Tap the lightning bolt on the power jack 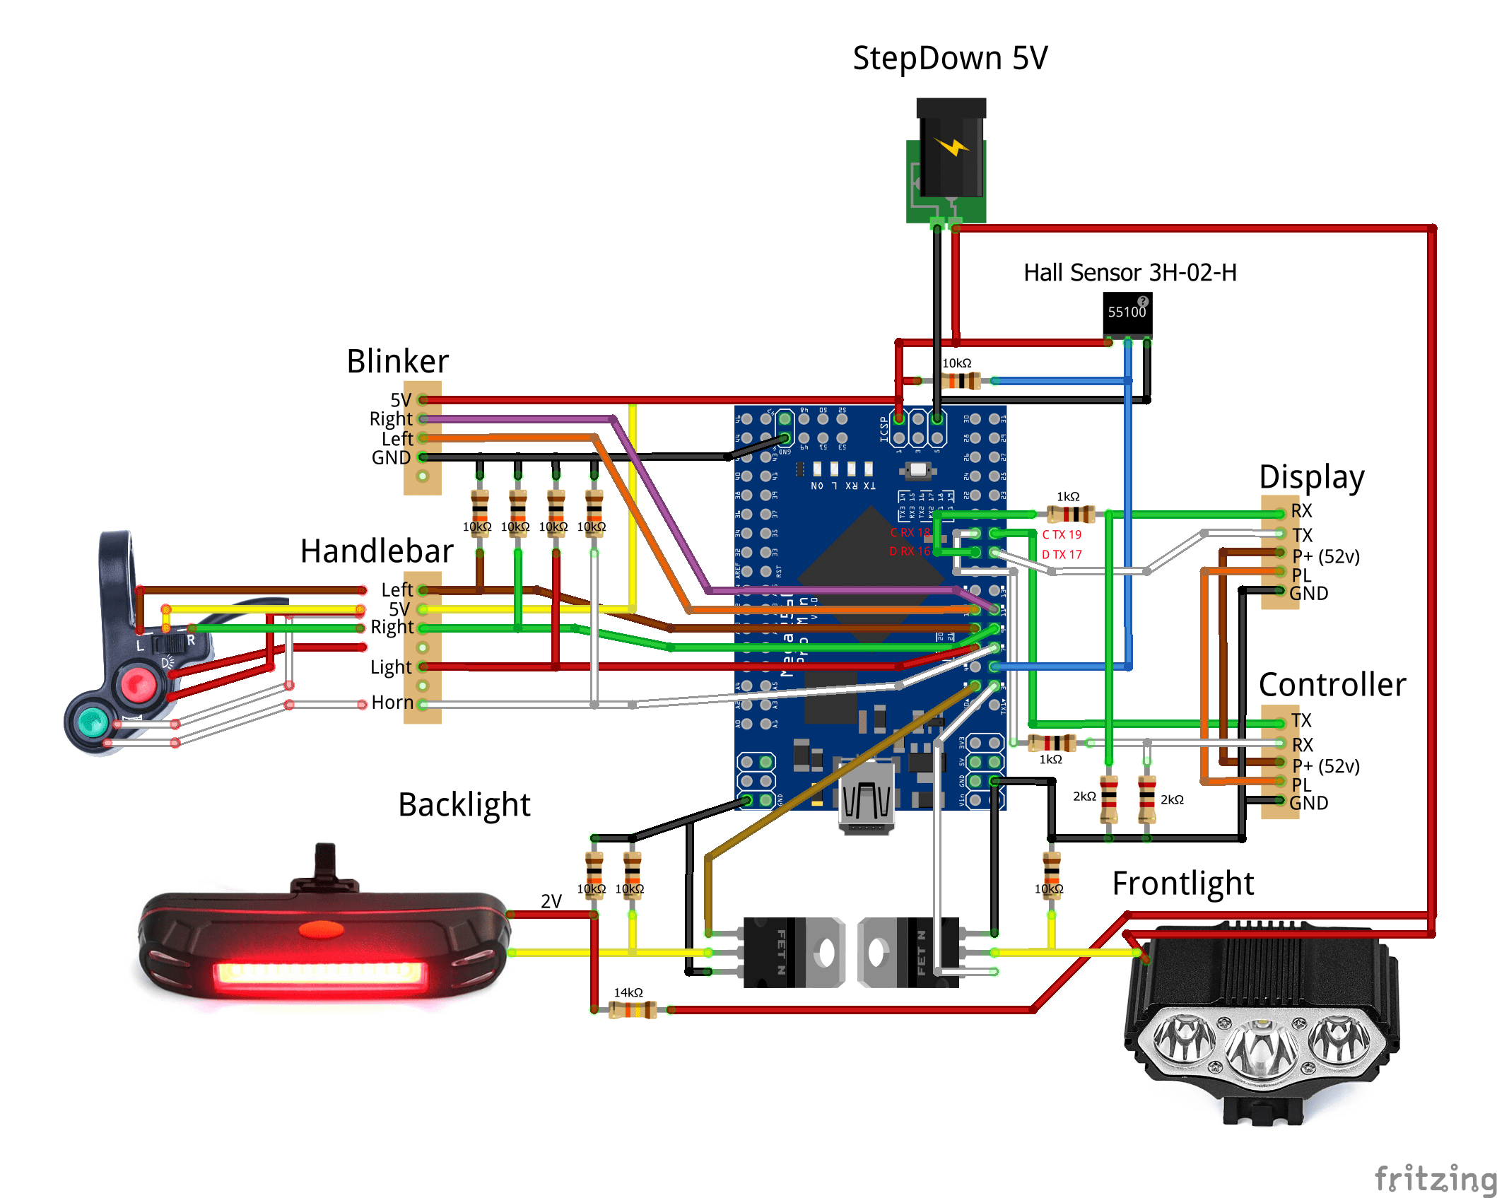(x=951, y=146)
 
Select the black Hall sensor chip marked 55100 (x=1127, y=315)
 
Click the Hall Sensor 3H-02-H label (x=1129, y=273)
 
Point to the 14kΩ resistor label (x=628, y=993)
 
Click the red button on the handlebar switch (x=138, y=683)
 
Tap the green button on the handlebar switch (x=93, y=722)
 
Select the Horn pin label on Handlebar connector (x=392, y=703)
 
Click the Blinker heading (x=397, y=361)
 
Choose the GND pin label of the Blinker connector (x=391, y=458)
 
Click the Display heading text (x=1311, y=478)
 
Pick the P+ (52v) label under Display (x=1326, y=557)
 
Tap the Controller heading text (x=1332, y=685)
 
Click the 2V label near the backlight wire (x=551, y=902)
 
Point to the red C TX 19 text (x=1062, y=535)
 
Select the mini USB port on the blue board (x=867, y=799)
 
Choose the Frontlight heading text (x=1182, y=883)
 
